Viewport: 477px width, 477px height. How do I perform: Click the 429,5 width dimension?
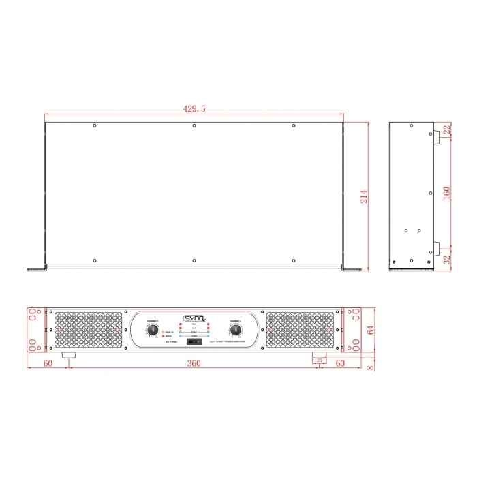tap(194, 108)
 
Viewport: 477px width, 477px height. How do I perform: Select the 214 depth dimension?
tap(364, 196)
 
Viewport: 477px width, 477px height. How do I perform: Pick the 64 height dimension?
tap(371, 330)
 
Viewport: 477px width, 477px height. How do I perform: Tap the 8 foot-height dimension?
tap(371, 369)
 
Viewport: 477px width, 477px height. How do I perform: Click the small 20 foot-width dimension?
tap(319, 360)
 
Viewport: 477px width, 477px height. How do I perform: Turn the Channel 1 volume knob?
tap(152, 330)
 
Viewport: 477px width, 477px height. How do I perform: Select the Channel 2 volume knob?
tap(236, 330)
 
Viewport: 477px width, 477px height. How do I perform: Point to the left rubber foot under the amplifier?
tap(70, 356)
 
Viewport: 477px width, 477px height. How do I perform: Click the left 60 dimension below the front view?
tap(47, 363)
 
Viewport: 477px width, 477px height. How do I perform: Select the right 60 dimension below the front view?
tap(340, 363)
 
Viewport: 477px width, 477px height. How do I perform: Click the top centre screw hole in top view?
tap(194, 126)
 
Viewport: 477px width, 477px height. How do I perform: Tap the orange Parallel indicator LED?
tap(164, 332)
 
